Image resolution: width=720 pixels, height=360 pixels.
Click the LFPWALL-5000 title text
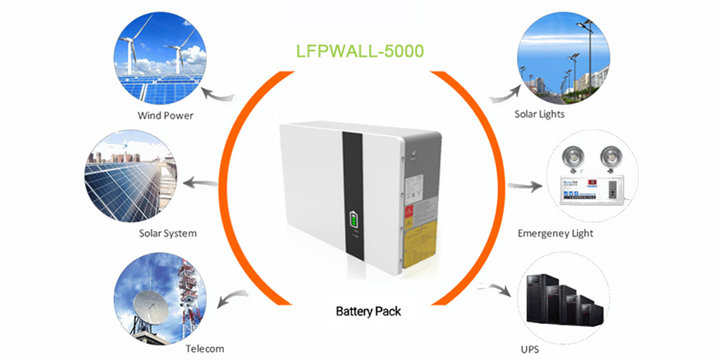click(x=360, y=52)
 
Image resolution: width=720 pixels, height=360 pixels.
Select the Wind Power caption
click(x=165, y=115)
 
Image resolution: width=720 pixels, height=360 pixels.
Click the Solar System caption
click(x=167, y=233)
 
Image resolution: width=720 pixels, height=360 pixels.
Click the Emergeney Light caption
click(x=556, y=233)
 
